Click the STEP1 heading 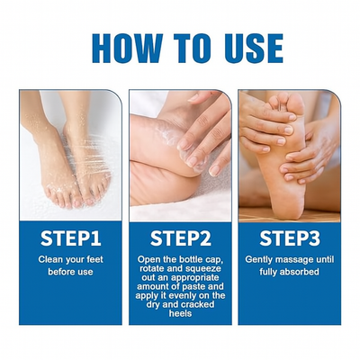click(x=71, y=238)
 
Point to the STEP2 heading click(x=181, y=238)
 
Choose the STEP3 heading click(x=290, y=238)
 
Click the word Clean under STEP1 click(x=48, y=259)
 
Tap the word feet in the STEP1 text click(x=94, y=259)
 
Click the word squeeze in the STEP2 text click(x=206, y=268)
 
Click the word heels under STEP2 click(x=180, y=314)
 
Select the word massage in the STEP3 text click(x=290, y=259)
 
